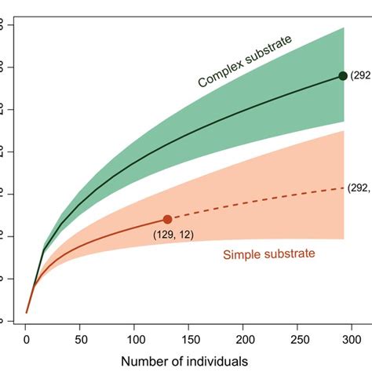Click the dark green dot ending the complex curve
click(343, 75)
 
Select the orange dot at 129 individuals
click(167, 219)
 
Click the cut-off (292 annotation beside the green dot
click(360, 75)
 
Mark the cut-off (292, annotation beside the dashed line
click(360, 188)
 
